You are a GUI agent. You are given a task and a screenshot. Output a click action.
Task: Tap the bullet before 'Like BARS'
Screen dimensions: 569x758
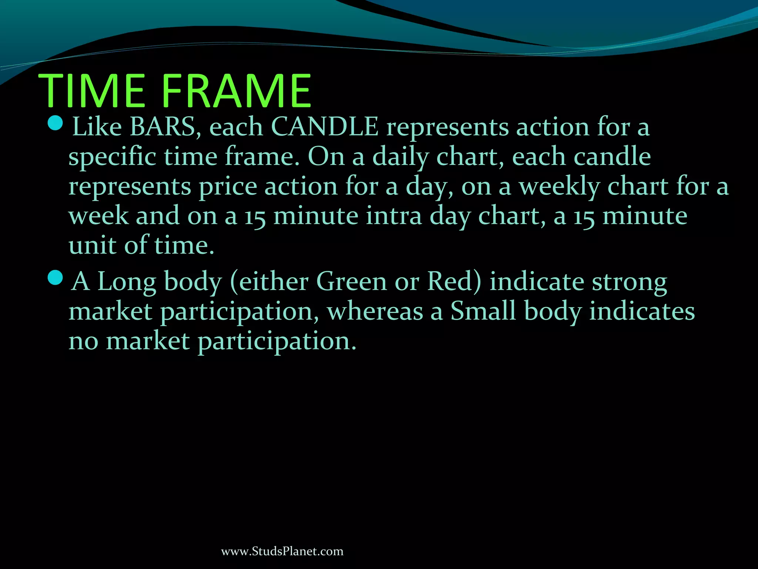[56, 123]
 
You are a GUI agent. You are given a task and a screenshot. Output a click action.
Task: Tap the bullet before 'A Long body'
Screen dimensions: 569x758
[56, 277]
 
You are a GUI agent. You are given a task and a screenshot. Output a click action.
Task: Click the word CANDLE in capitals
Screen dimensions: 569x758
[325, 127]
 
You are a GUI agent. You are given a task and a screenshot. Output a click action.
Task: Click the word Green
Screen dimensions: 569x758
[351, 282]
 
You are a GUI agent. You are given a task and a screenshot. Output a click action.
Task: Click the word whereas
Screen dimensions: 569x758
[375, 312]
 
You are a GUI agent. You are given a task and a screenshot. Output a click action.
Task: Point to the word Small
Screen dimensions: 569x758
[483, 311]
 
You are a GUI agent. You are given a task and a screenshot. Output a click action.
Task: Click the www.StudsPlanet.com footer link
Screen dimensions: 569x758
[282, 551]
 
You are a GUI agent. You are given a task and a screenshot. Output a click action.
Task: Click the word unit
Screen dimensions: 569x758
[92, 246]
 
